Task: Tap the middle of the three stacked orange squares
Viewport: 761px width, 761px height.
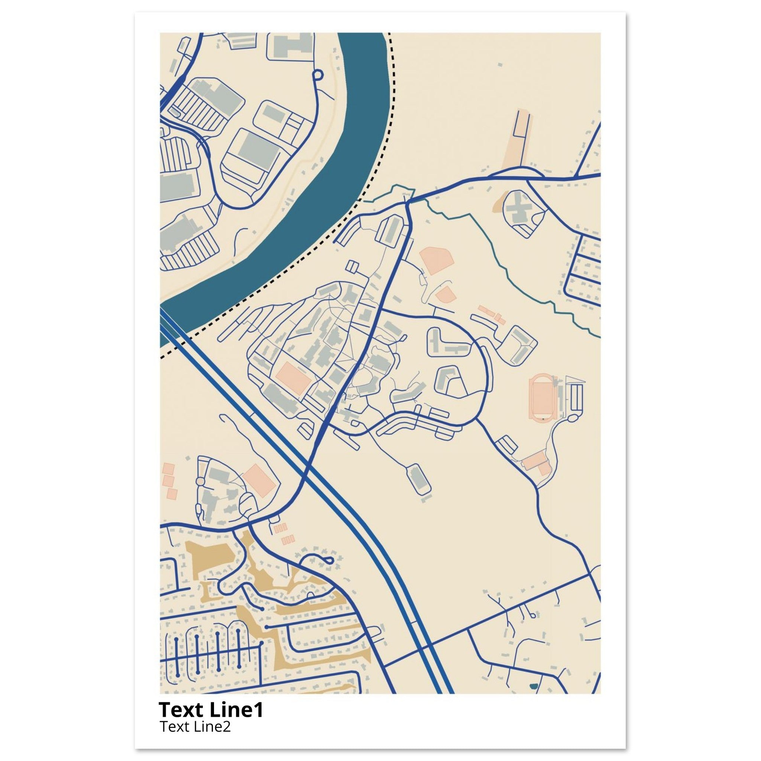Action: [x=168, y=480]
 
